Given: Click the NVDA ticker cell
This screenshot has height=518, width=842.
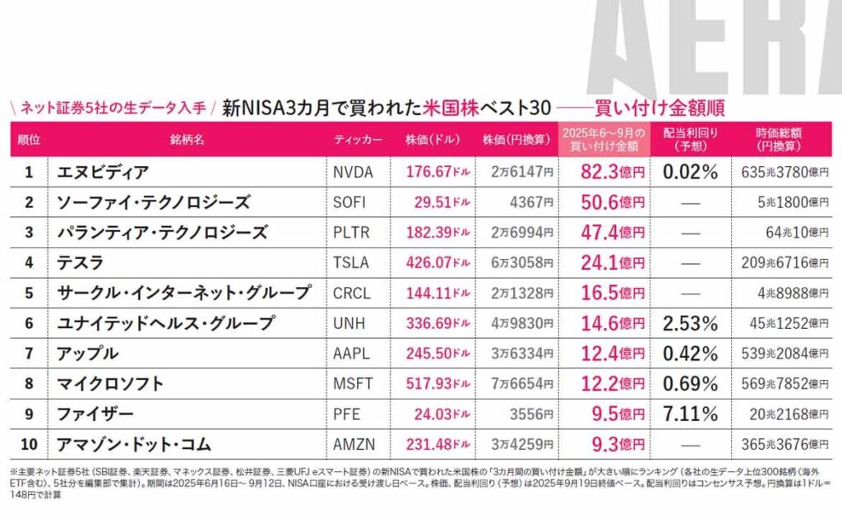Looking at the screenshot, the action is click(353, 173).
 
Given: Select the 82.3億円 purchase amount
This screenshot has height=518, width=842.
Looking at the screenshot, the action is click(613, 172).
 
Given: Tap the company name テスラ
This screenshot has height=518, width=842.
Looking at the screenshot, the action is click(80, 262).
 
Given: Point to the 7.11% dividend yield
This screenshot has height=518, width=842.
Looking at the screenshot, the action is click(690, 414).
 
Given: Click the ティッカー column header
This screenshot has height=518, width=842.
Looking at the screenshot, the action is click(359, 140).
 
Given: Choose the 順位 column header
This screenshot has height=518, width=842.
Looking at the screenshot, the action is click(29, 140).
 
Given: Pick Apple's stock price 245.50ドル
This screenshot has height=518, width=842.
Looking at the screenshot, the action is click(437, 354).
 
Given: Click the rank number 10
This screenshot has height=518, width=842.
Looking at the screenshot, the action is click(29, 445).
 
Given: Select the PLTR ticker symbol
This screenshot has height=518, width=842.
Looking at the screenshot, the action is click(351, 233).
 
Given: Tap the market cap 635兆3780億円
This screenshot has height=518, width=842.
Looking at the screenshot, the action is click(785, 173).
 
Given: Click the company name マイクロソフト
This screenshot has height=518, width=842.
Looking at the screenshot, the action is click(110, 384).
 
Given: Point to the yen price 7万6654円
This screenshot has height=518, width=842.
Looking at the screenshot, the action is click(522, 384).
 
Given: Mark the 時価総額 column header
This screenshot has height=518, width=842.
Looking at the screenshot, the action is click(779, 139).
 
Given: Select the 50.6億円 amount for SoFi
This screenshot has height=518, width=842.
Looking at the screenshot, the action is click(613, 202).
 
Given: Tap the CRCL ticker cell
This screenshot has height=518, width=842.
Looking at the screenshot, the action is click(352, 293).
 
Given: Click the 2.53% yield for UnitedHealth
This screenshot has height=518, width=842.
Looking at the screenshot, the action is click(690, 323).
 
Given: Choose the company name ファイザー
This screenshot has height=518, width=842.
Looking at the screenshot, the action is click(95, 414).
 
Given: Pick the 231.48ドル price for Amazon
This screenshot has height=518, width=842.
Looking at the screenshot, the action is click(437, 445).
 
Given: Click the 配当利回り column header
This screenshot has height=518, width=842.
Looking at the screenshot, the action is click(690, 139).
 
